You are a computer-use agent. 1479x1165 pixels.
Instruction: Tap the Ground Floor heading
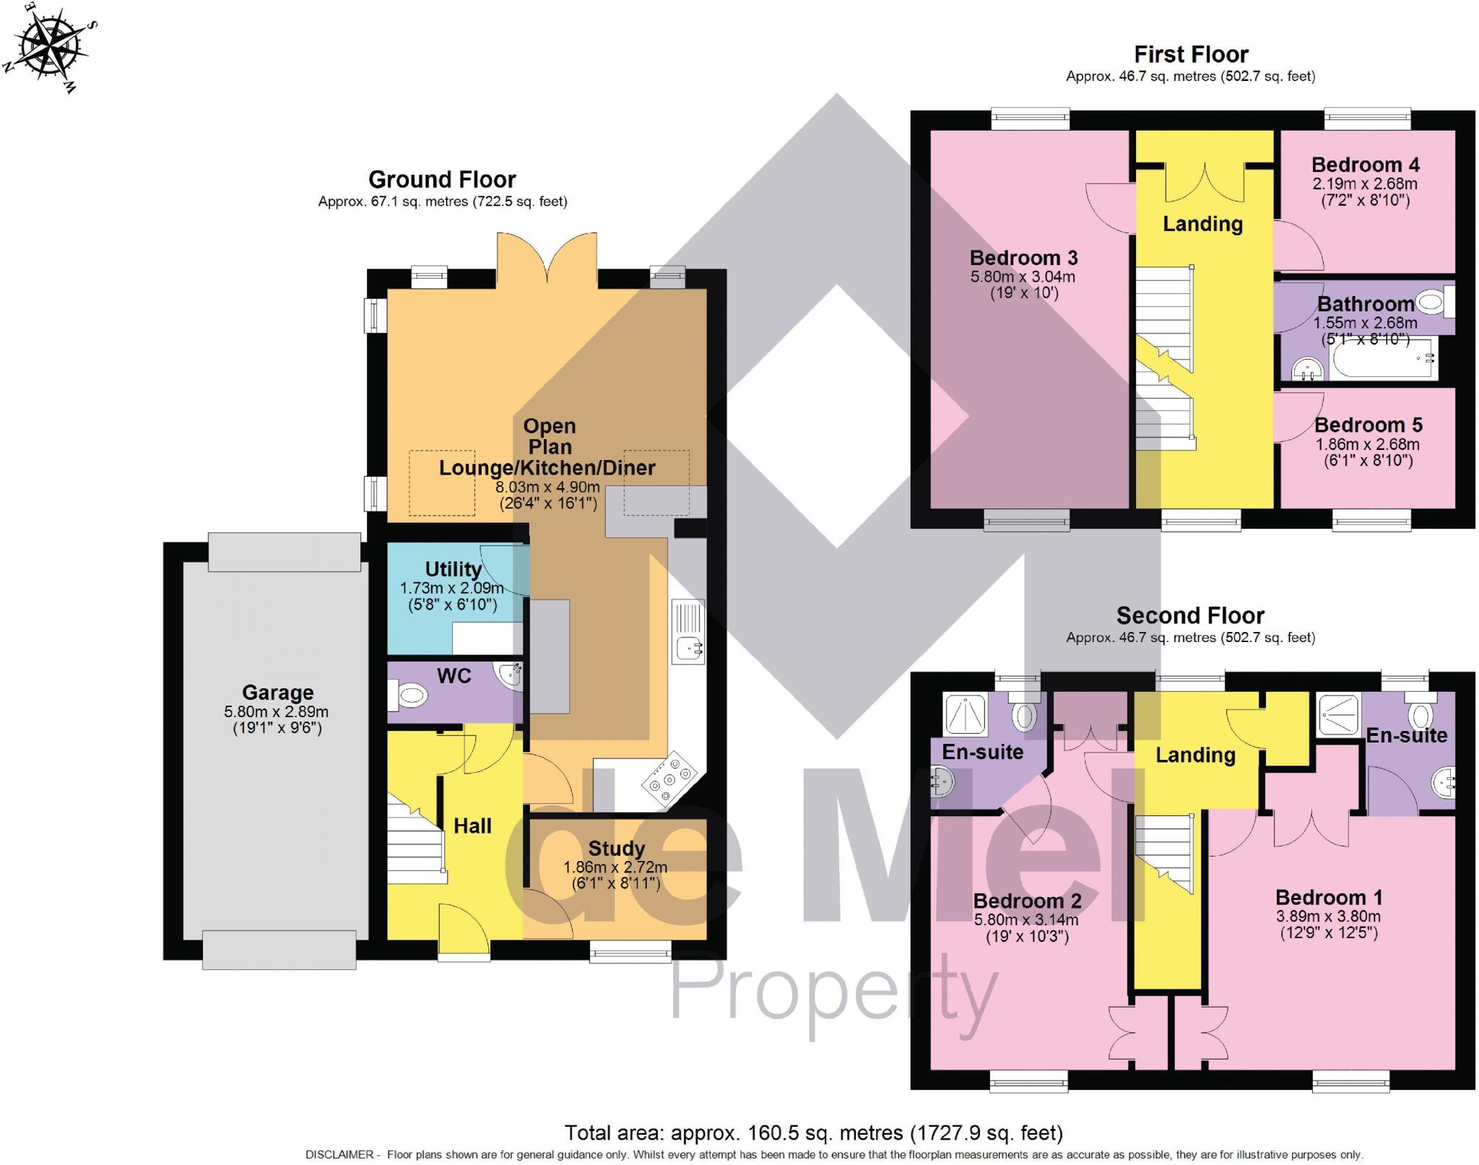pos(442,179)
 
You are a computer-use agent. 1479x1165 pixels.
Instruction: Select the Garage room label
pos(277,693)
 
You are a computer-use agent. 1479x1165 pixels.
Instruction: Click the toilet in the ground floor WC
pos(409,696)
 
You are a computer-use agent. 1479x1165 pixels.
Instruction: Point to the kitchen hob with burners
pos(671,779)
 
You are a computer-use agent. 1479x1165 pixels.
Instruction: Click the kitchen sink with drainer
pos(688,631)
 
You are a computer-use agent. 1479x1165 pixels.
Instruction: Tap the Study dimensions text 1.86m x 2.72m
pos(615,867)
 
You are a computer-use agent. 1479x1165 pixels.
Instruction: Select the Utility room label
pos(453,569)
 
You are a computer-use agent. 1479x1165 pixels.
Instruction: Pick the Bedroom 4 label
pos(1366,165)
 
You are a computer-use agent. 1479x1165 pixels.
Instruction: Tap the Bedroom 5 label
pos(1368,425)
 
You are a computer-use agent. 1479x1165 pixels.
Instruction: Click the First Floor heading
pos(1191,55)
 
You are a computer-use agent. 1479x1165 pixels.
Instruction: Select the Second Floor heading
pos(1190,615)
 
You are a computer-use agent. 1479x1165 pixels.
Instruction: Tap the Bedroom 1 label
pos(1329,898)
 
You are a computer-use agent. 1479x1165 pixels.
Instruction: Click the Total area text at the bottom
pos(813,1132)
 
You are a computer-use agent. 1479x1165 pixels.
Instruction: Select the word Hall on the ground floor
pos(472,826)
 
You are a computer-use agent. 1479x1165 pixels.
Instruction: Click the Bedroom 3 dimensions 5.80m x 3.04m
pos(1023,277)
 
